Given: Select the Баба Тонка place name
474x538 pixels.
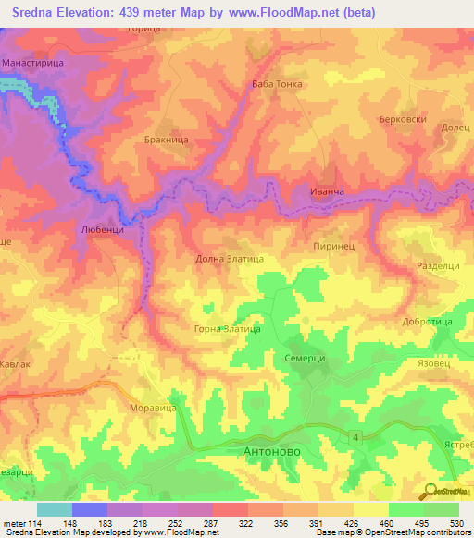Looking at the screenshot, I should click(277, 84).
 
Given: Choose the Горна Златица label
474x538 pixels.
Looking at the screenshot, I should click(226, 328).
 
